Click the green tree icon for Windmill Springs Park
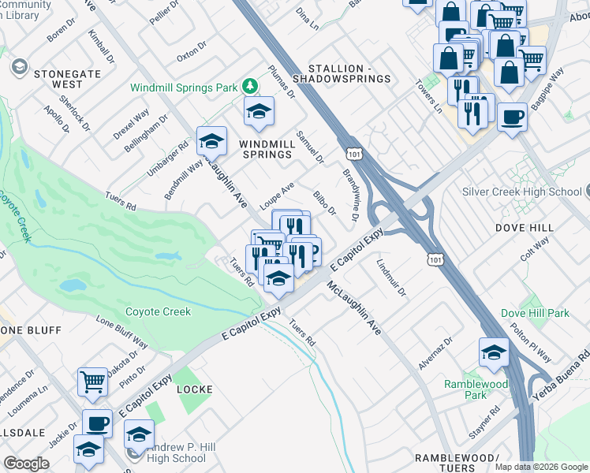tap(250, 84)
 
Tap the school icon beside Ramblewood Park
tap(494, 352)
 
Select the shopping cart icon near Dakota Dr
tap(93, 382)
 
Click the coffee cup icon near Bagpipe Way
tap(513, 117)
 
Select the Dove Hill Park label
tap(535, 313)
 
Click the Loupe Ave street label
tap(277, 191)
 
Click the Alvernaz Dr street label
tap(437, 352)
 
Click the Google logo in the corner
tap(26, 464)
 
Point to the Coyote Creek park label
tap(158, 311)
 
